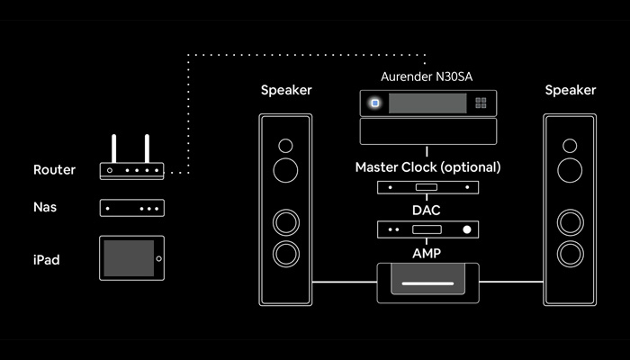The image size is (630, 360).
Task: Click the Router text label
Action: [x=54, y=170]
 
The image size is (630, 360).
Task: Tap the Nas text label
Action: [x=45, y=208]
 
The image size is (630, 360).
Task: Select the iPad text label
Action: [x=48, y=259]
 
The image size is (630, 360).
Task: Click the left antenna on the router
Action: [x=113, y=148]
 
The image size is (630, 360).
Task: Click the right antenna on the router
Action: [x=146, y=148]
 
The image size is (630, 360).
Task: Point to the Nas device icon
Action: [x=131, y=208]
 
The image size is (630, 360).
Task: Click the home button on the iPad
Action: [x=157, y=259]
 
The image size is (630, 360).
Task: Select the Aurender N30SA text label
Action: [x=427, y=78]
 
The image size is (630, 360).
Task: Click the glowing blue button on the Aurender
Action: [x=374, y=103]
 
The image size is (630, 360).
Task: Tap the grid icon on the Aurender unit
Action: [x=481, y=103]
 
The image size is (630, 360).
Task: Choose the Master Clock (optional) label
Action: [x=427, y=167]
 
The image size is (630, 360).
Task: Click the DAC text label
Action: [x=427, y=208]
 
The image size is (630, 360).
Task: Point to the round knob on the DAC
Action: [x=466, y=229]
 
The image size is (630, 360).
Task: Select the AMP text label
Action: [x=427, y=253]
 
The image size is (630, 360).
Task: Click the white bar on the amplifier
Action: [x=427, y=283]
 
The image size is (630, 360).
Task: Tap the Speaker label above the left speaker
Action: [x=286, y=90]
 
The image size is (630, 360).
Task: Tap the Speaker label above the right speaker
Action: [x=570, y=90]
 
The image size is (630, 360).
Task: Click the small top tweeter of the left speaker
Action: [x=285, y=145]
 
